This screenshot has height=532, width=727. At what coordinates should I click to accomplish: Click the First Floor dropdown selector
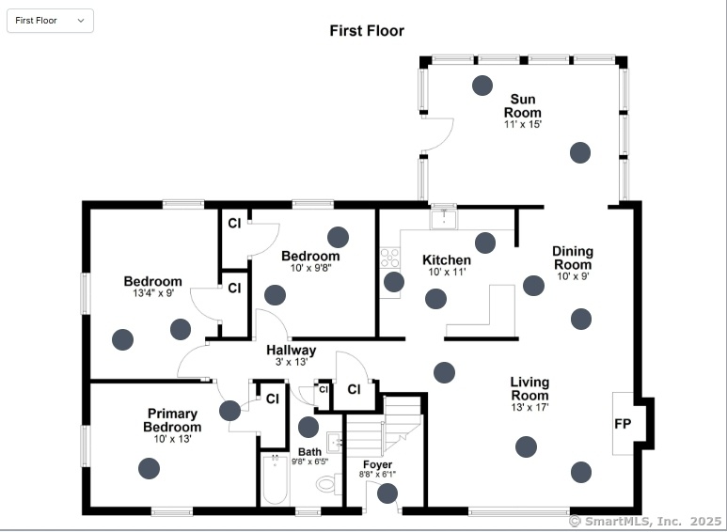click(50, 21)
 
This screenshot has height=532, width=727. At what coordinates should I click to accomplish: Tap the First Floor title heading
click(367, 31)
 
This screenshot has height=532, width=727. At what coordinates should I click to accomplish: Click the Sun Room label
click(523, 105)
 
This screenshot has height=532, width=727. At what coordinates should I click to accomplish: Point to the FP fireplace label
click(623, 424)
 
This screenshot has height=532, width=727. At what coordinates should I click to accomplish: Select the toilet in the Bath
click(329, 484)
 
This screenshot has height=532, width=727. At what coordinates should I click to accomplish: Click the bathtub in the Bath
click(275, 479)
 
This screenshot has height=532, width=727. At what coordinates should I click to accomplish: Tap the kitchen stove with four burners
click(389, 258)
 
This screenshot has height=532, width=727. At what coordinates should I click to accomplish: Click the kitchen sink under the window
click(444, 217)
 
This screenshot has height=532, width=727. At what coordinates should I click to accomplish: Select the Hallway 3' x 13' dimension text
click(292, 362)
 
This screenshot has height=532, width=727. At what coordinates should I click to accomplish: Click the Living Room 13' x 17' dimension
click(529, 407)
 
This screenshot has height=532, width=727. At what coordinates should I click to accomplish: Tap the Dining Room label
click(573, 258)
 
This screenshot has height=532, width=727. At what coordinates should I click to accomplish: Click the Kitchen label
click(447, 260)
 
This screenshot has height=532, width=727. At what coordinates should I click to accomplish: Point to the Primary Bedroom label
click(172, 420)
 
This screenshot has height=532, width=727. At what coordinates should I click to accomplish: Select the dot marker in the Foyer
click(387, 493)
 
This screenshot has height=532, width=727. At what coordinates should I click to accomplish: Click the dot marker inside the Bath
click(308, 427)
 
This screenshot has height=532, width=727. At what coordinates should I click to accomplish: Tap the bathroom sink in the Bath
click(335, 441)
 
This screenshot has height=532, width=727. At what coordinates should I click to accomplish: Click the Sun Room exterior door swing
click(437, 134)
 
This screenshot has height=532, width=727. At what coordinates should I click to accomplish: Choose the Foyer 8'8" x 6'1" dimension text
click(377, 474)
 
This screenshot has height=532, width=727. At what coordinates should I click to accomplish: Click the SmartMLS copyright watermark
click(645, 522)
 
